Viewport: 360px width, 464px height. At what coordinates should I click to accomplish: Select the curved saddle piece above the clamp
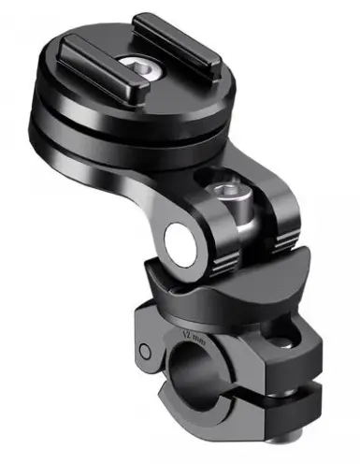coord(224,285)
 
